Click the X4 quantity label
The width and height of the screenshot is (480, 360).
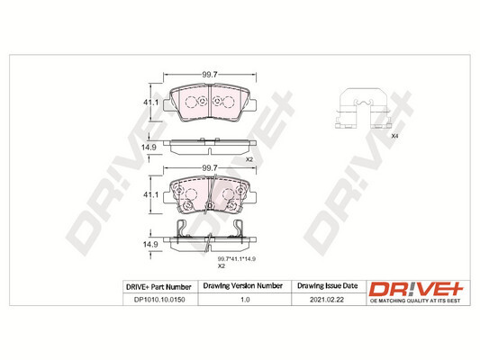[394, 136]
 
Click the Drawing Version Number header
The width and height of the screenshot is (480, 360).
[243, 287]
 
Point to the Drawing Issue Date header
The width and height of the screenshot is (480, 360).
[326, 287]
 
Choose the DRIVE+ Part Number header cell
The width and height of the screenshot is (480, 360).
[160, 287]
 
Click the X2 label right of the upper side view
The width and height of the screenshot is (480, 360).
[249, 159]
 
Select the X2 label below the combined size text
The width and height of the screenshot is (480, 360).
[221, 267]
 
